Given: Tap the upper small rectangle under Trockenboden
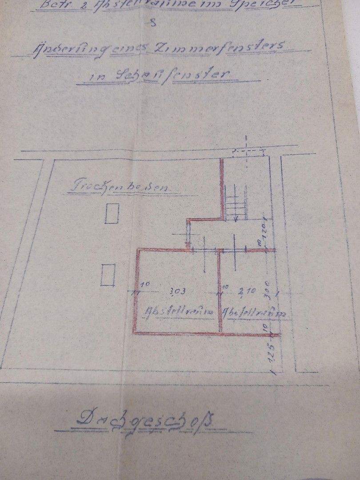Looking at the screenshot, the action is tap(112, 214).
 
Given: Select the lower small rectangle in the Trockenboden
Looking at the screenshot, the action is tap(108, 275).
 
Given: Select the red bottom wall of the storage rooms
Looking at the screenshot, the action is tap(207, 333).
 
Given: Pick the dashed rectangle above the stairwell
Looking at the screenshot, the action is tap(248, 152).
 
